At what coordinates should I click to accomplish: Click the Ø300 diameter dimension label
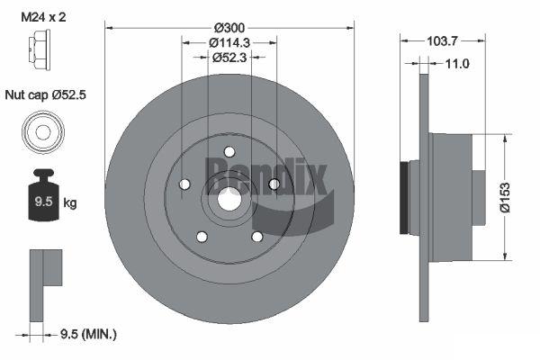click(229, 28)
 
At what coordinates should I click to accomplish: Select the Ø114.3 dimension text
click(229, 42)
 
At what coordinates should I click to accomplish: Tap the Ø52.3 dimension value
click(229, 58)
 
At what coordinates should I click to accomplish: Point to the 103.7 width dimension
click(442, 41)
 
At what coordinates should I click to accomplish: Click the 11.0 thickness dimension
click(457, 64)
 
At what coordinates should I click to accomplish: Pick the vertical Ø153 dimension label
click(505, 197)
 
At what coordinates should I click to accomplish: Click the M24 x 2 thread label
click(43, 17)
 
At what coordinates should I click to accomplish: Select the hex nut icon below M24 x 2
click(40, 49)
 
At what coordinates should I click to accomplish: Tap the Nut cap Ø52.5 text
click(46, 94)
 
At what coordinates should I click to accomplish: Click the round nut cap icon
click(43, 132)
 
